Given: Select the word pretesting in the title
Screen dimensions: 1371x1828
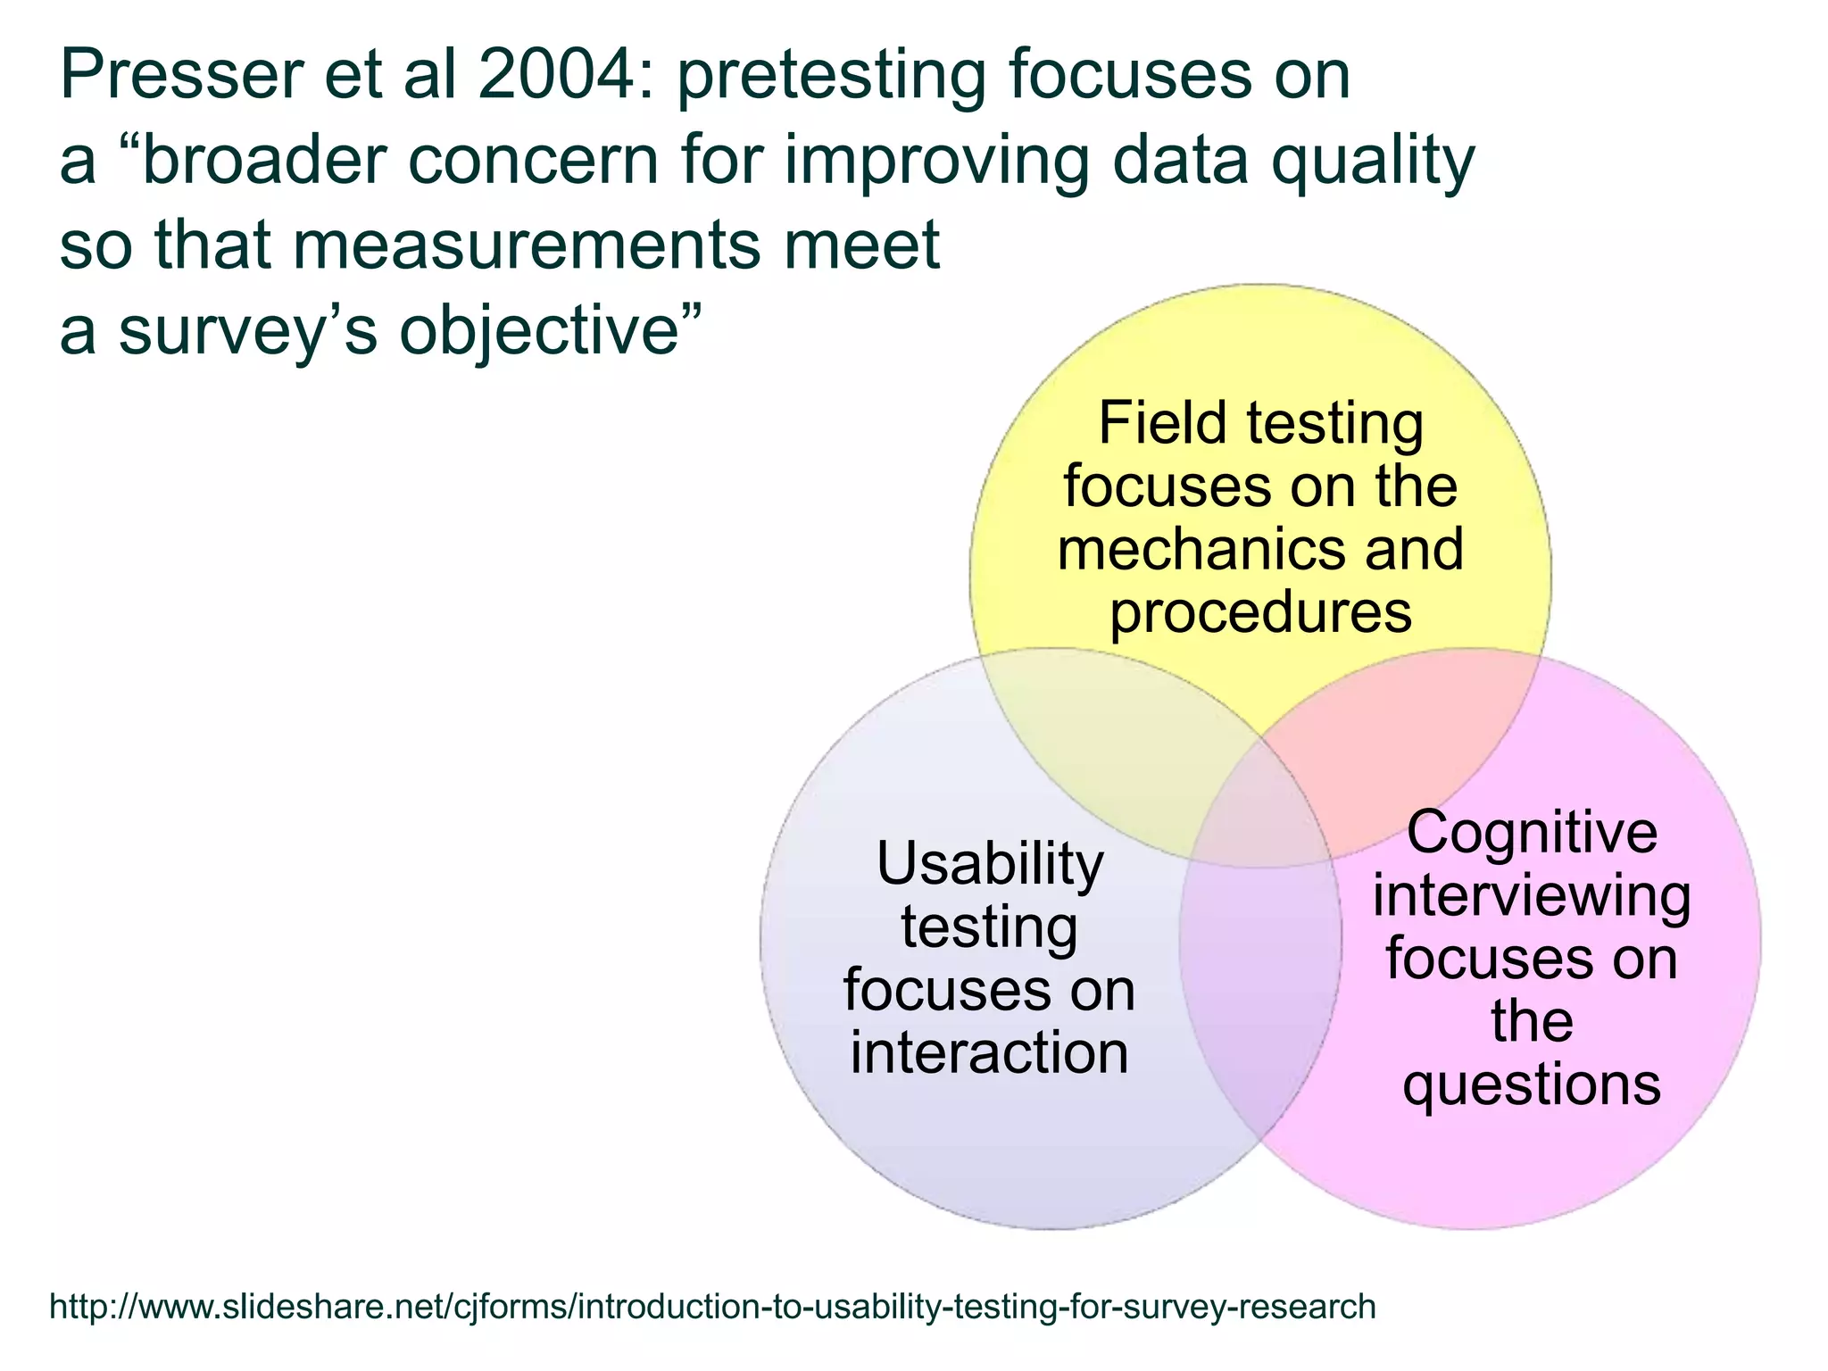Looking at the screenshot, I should pyautogui.click(x=831, y=77).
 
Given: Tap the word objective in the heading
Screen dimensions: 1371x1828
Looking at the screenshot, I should pyautogui.click(x=550, y=330).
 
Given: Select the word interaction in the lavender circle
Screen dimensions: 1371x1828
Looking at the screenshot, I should pyautogui.click(x=990, y=1053).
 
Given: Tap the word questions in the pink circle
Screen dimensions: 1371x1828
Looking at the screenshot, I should pyautogui.click(x=1532, y=1085).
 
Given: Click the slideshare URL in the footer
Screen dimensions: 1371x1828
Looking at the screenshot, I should pyautogui.click(x=712, y=1307).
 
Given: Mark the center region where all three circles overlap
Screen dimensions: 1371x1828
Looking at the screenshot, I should pyautogui.click(x=1260, y=808).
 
